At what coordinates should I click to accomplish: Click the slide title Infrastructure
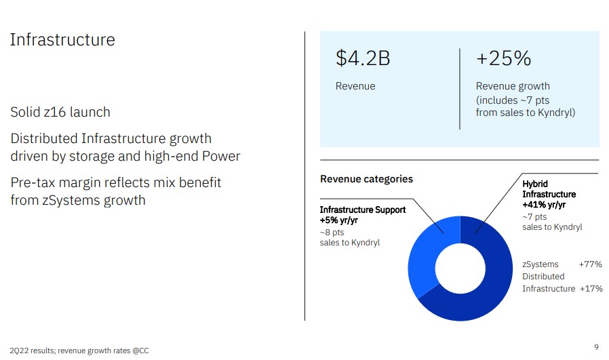click(62, 39)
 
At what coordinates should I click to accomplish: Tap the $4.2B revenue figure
click(363, 58)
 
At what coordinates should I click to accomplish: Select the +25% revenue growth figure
click(503, 58)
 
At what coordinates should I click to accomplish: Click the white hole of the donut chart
click(460, 268)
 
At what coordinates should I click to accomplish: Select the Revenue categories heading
click(366, 179)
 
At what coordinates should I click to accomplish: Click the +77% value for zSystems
click(591, 264)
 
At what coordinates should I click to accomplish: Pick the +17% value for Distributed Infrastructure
click(591, 289)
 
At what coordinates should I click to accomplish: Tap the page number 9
click(596, 347)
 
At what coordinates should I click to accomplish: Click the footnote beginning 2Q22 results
click(79, 351)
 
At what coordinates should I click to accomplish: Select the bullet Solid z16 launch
click(60, 112)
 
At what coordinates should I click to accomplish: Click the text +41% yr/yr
click(544, 205)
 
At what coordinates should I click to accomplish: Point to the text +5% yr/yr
click(338, 220)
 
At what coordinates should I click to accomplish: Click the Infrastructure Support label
click(363, 209)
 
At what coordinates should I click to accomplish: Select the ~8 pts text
click(332, 233)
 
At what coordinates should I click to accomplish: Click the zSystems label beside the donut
click(541, 264)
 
